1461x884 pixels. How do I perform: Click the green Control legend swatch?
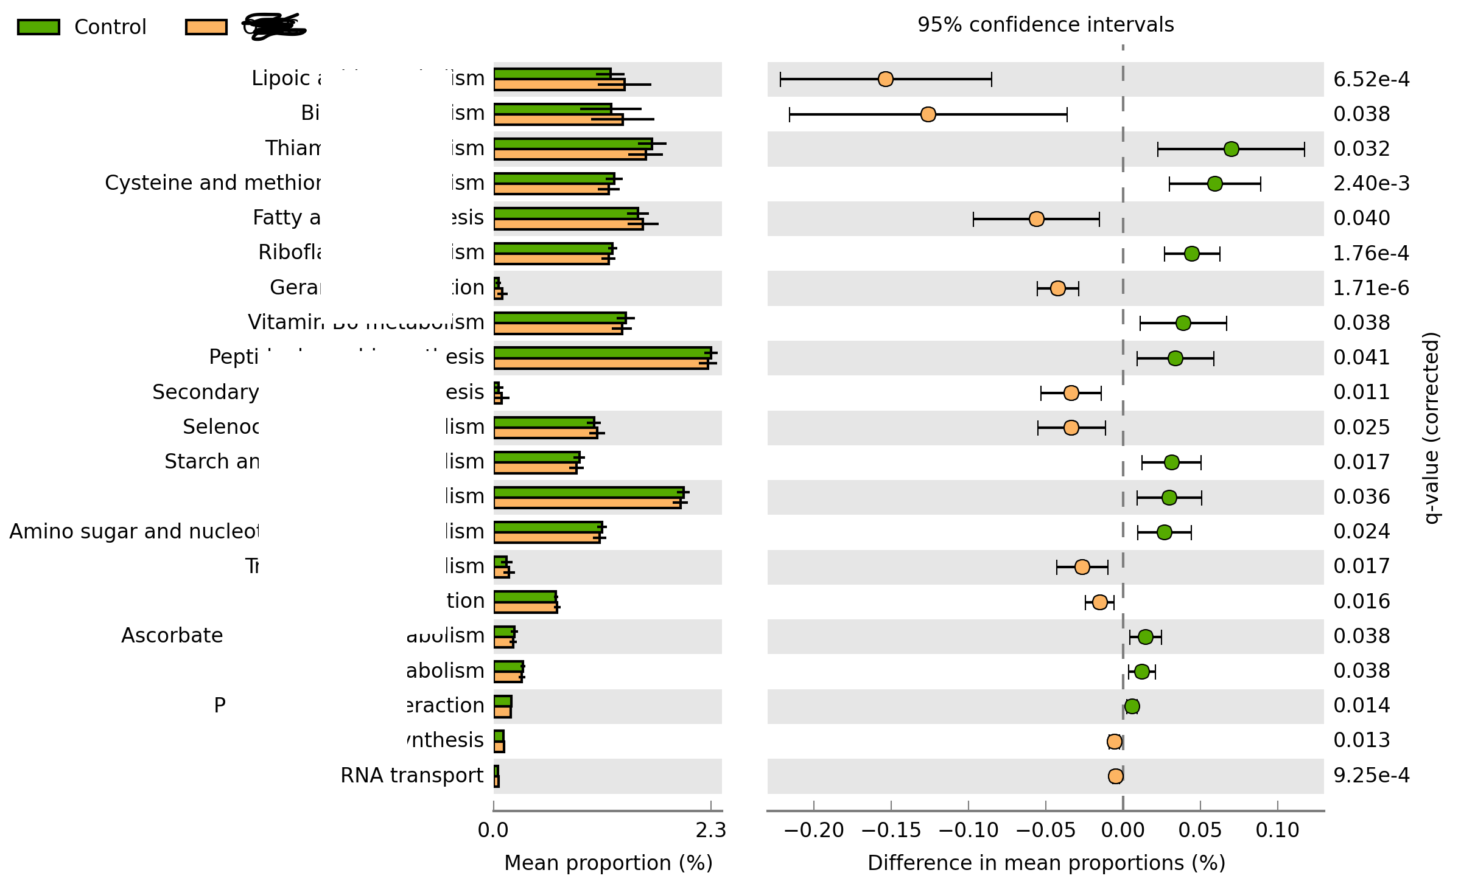point(38,27)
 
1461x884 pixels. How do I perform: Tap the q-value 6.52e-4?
point(1371,79)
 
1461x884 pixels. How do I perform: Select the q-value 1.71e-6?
point(1371,288)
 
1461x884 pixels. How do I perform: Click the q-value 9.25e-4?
point(1371,775)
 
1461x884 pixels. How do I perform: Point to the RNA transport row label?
point(412,775)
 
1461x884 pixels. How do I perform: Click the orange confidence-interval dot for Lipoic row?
point(886,79)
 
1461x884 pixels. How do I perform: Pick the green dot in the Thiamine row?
point(1231,149)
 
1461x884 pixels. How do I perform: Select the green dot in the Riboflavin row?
point(1191,254)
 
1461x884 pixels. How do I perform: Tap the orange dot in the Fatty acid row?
point(1036,219)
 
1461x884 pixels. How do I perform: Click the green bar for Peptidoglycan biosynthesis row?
point(602,353)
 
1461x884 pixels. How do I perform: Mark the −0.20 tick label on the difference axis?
point(813,830)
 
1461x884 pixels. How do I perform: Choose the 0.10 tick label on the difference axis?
point(1277,830)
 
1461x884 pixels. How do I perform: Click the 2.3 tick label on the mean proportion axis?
point(711,830)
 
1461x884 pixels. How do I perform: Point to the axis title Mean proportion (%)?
point(608,863)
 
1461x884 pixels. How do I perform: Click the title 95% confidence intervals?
point(1045,24)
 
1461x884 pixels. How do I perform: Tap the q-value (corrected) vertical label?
point(1432,427)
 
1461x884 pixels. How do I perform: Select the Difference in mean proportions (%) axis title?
point(1046,863)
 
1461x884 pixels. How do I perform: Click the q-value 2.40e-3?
point(1371,183)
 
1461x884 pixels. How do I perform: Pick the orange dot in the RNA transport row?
point(1115,776)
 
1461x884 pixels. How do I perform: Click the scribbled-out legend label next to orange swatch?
point(274,27)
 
